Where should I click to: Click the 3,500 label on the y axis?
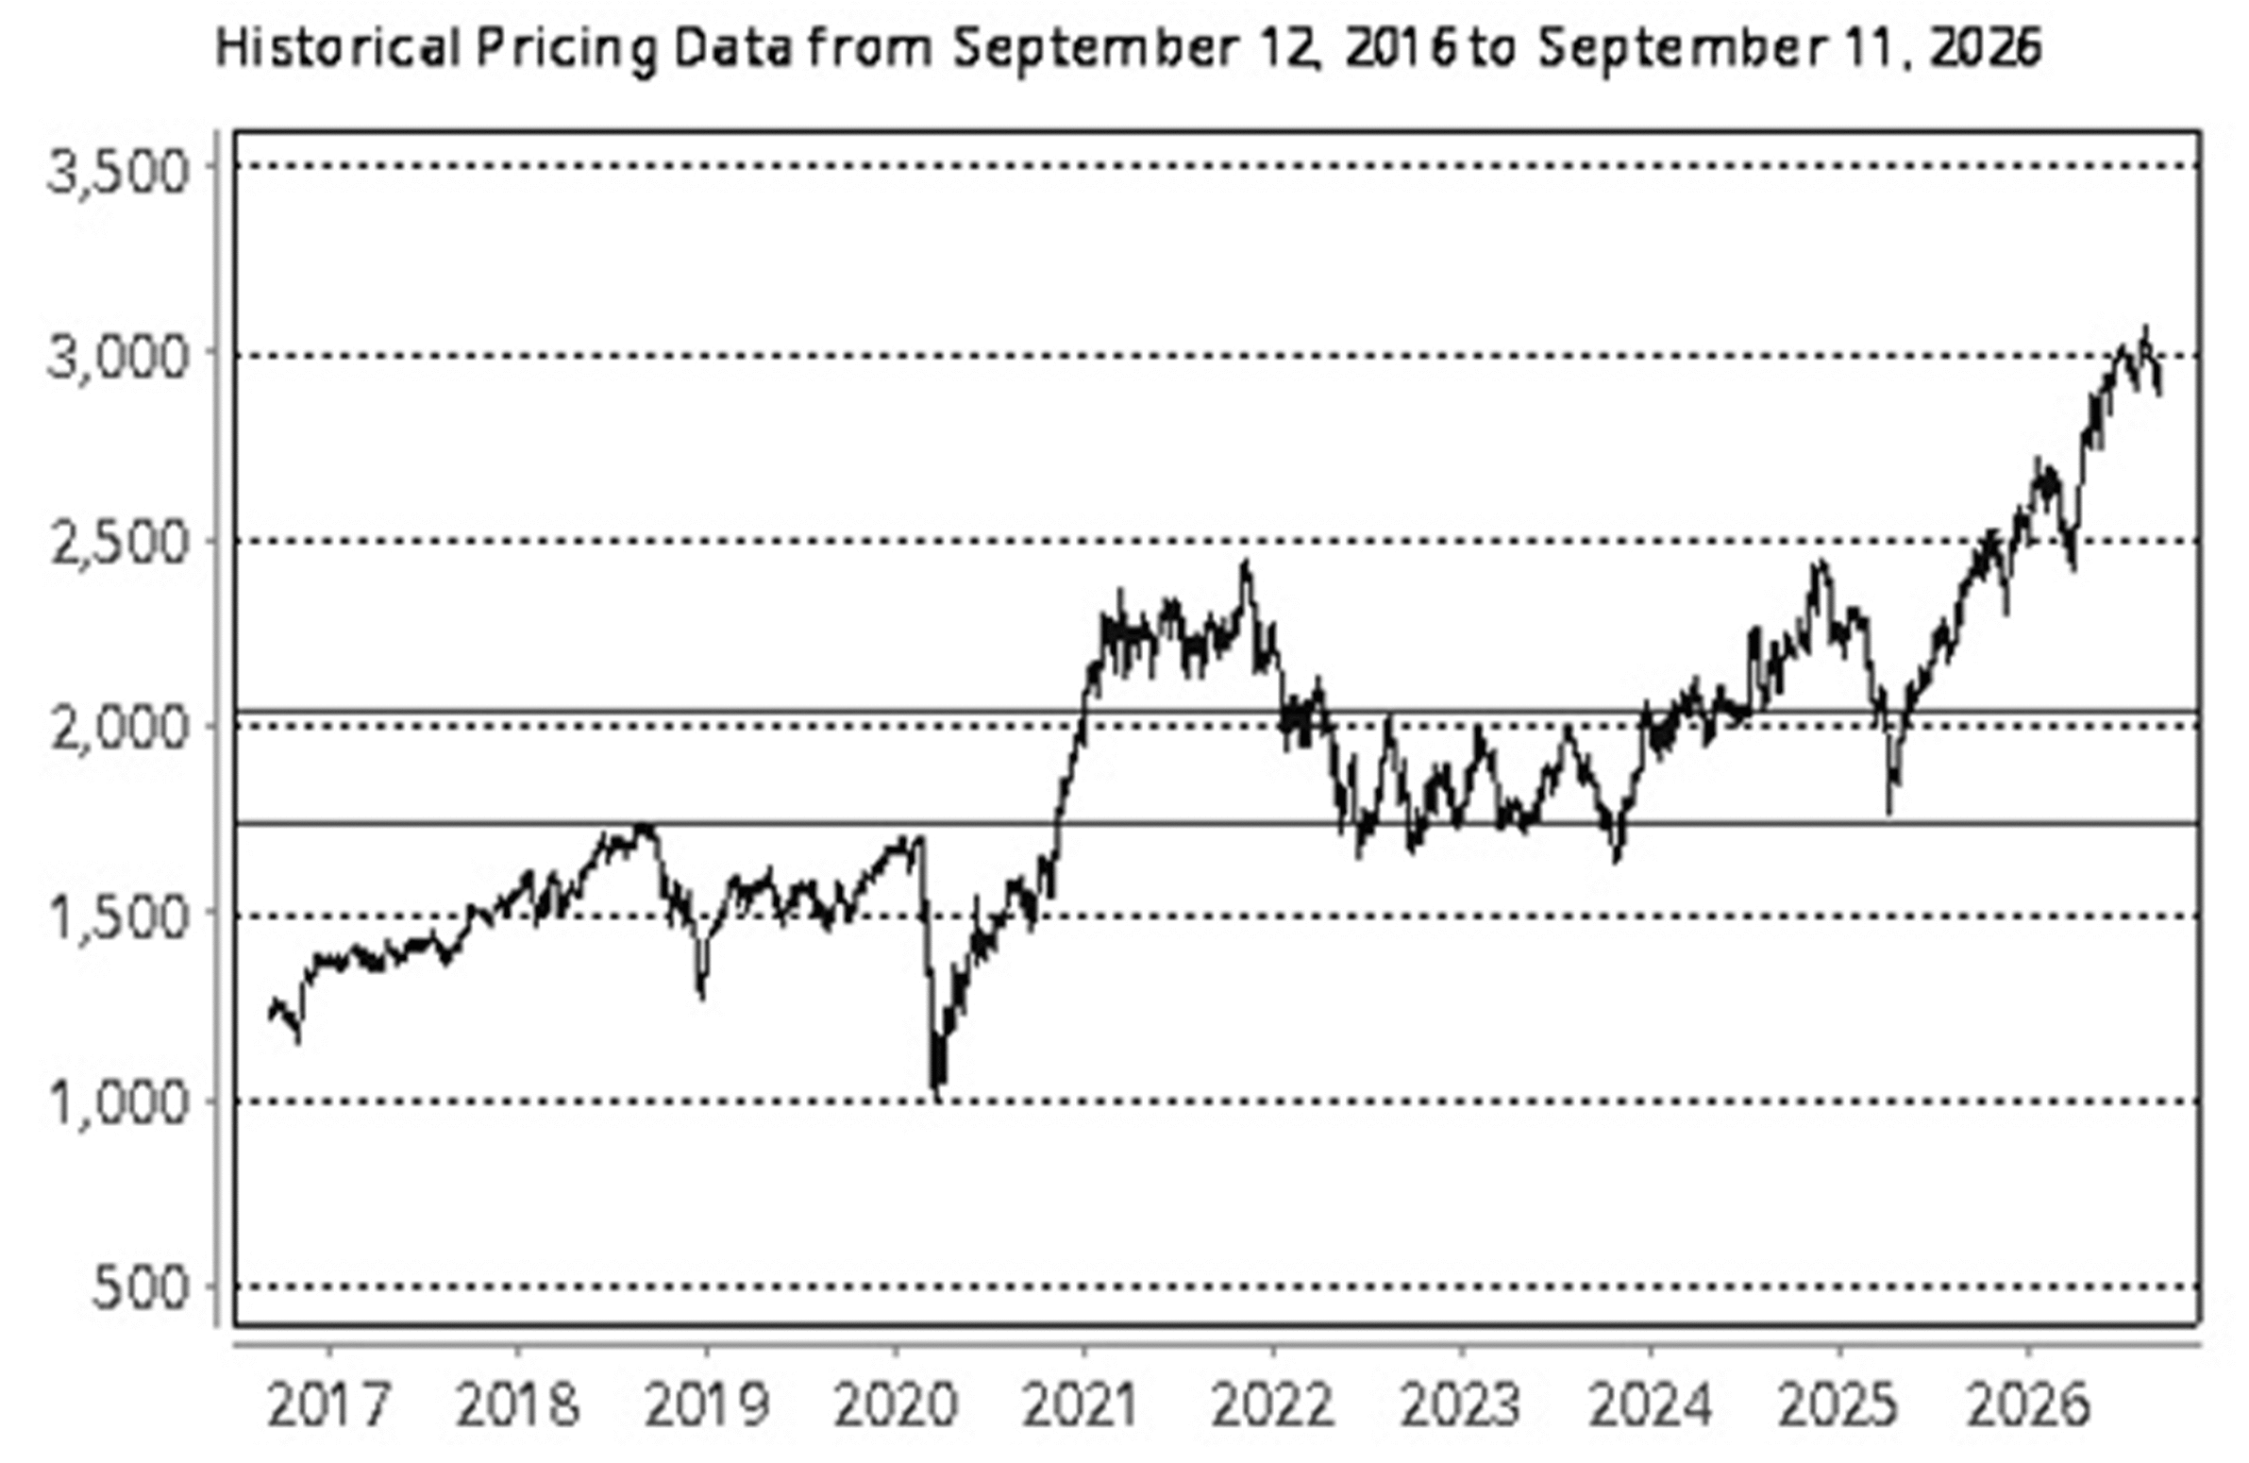[x=119, y=174]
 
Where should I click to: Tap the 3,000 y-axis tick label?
[x=119, y=359]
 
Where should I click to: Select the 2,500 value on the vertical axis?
[x=119, y=545]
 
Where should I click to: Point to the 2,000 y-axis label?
[x=119, y=731]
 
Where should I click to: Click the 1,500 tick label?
[x=119, y=916]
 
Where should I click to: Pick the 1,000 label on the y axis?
[x=119, y=1102]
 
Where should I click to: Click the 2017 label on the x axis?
[x=328, y=1406]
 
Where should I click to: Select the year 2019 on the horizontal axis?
[x=707, y=1406]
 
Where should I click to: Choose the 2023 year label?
[x=1461, y=1406]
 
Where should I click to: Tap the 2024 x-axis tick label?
[x=1650, y=1406]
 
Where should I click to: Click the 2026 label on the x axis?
[x=2028, y=1406]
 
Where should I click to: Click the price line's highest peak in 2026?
[x=2145, y=327]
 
